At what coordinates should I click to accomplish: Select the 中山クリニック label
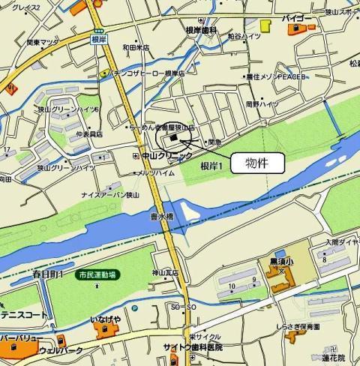tap(166, 155)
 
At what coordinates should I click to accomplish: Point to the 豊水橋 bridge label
tap(161, 216)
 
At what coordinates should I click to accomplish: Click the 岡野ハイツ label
tap(262, 105)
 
